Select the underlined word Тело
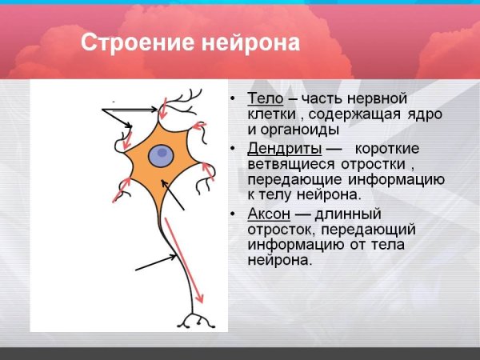(265, 98)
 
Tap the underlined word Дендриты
(285, 149)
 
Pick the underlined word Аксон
(269, 214)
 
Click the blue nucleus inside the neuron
(163, 153)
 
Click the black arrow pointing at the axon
(156, 263)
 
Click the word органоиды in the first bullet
(301, 129)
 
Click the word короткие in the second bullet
(387, 149)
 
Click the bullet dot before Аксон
(232, 214)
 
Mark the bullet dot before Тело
(232, 99)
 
